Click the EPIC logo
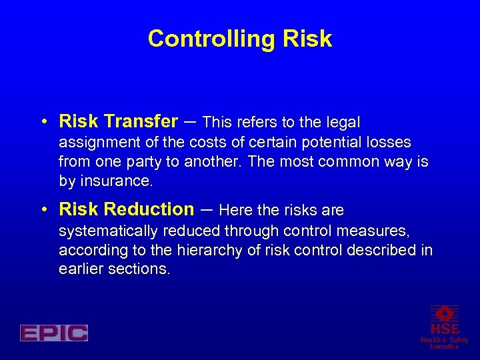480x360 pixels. [54, 333]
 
